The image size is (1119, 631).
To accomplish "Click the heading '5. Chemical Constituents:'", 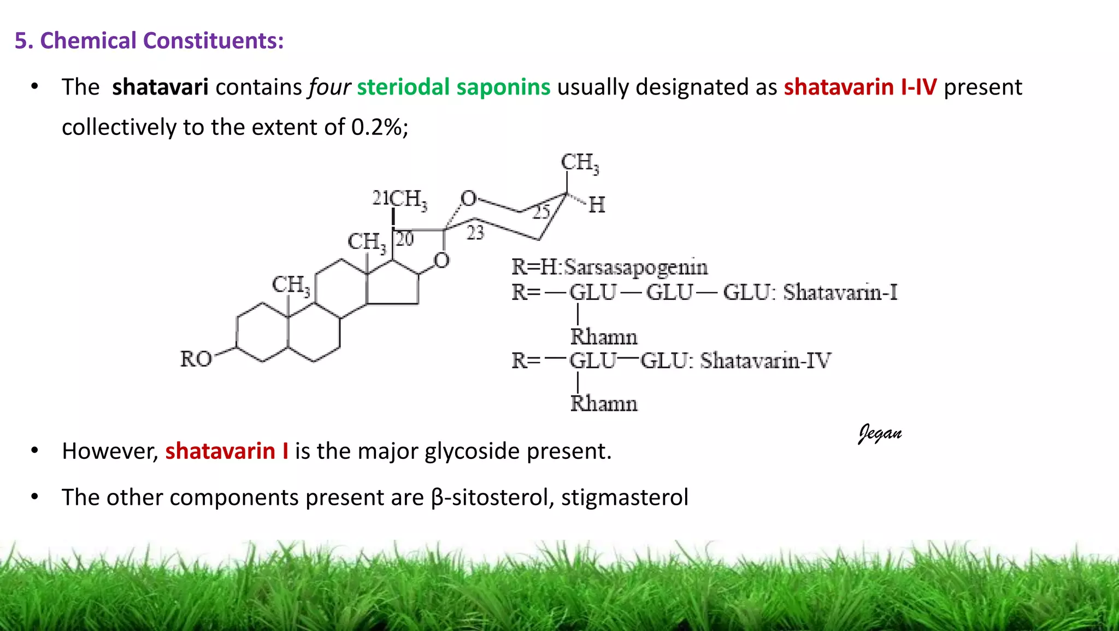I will point(149,41).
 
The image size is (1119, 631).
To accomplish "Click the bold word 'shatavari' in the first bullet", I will point(160,87).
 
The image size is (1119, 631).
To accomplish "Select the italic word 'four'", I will point(329,87).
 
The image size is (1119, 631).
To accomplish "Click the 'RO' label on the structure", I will point(196,359).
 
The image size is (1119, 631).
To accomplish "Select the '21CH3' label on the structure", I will point(399,199).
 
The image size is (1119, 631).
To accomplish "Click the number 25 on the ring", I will point(541,211).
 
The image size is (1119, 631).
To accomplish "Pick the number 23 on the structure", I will point(475,233).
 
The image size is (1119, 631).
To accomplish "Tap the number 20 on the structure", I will point(405,239).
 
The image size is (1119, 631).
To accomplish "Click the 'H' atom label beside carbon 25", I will point(597,205).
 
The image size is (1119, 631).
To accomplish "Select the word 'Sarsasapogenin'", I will point(636,267).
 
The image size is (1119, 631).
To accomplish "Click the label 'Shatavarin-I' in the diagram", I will point(840,293).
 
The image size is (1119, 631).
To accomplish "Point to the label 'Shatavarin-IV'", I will point(765,361).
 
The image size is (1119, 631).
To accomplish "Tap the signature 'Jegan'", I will point(880,433).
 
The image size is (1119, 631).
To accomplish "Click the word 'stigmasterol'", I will point(625,498).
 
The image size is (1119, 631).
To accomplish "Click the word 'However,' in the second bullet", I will point(110,451).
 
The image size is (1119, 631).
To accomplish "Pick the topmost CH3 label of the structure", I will point(580,163).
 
